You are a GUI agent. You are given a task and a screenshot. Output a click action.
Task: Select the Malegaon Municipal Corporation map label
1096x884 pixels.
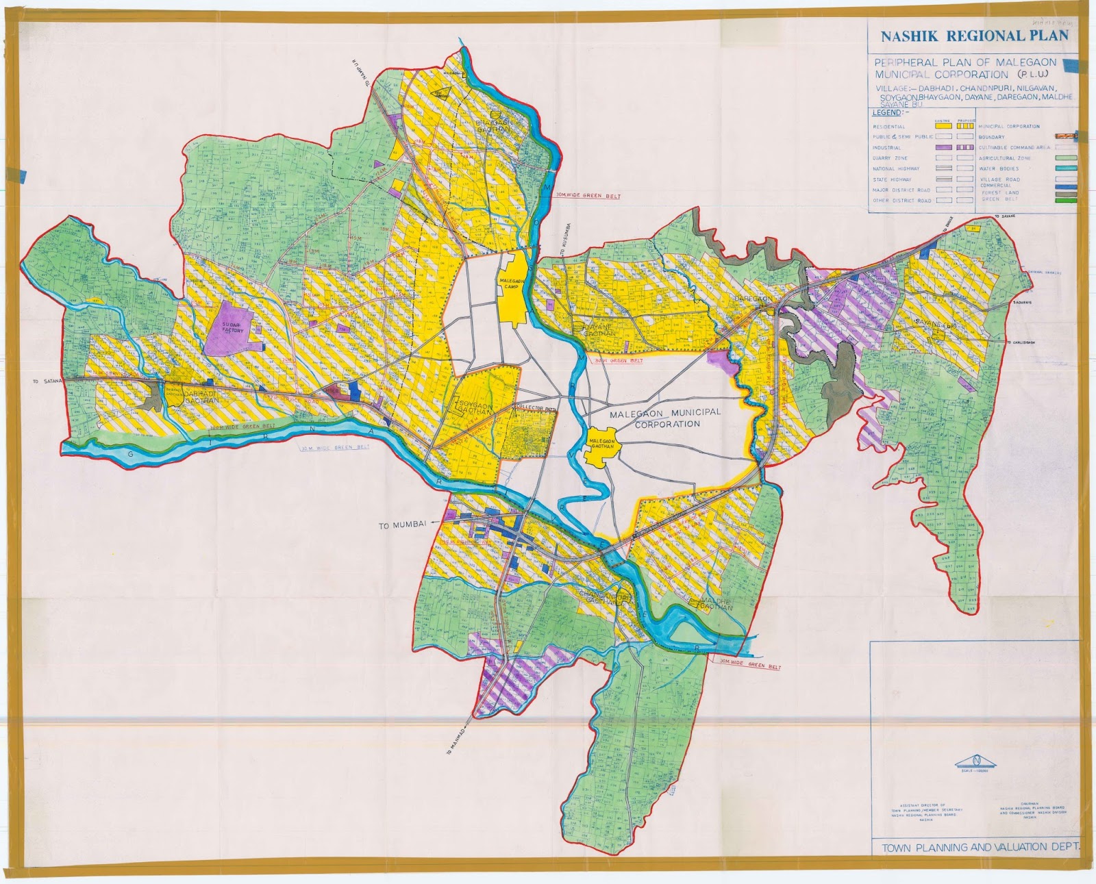click(658, 418)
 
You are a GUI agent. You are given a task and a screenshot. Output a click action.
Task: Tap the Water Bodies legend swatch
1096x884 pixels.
click(1066, 168)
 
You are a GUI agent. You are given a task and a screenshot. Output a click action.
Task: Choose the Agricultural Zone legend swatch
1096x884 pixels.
click(1066, 158)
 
